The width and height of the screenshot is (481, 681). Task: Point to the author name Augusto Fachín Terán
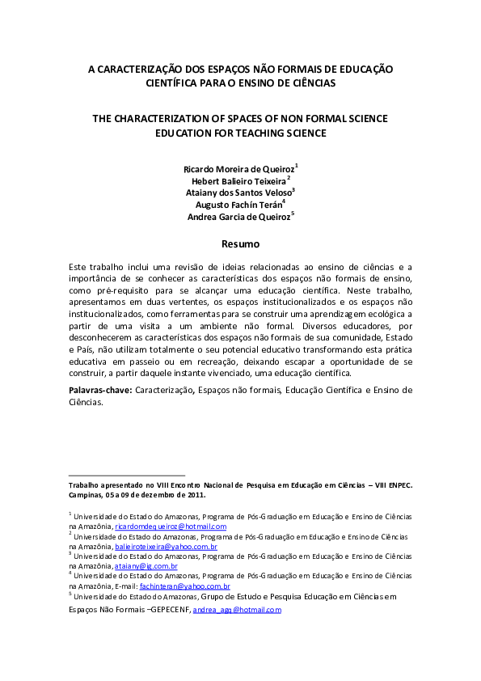click(238, 205)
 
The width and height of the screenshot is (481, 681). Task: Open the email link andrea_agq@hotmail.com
click(237, 609)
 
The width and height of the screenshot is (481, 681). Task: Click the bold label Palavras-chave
click(100, 390)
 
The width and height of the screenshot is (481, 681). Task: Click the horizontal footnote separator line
click(127, 476)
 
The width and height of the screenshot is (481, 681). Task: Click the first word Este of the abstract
click(77, 266)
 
